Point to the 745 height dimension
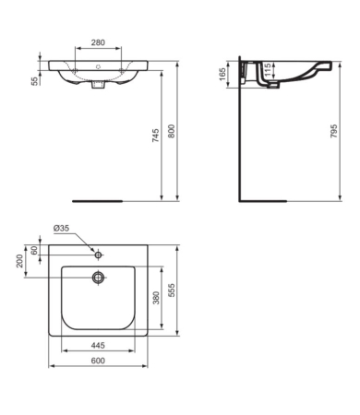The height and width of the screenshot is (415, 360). pos(156,136)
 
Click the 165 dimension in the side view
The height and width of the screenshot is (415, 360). pos(222,73)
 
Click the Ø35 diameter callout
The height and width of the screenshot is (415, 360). pos(61,228)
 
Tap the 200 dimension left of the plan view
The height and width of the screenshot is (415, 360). pos(21,261)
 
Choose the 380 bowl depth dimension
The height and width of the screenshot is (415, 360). pos(156,297)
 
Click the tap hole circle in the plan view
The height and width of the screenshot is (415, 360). pos(97,254)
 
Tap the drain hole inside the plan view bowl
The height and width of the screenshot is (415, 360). pos(97,277)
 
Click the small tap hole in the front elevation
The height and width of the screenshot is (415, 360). pos(97,66)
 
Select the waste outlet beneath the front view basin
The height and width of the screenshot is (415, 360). pos(97,89)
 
